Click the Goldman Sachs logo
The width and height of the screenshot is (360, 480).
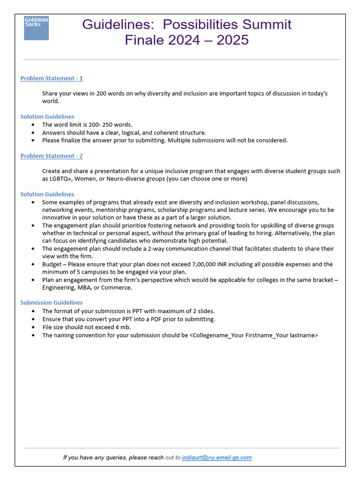point(36,28)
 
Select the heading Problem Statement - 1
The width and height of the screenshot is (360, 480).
point(52,78)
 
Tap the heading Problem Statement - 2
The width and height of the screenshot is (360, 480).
point(52,156)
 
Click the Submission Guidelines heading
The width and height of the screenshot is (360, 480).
point(52,302)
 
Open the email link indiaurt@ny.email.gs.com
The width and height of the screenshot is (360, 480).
point(217,457)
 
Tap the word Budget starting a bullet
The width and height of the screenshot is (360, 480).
point(52,264)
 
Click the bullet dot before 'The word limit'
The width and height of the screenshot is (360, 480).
point(32,125)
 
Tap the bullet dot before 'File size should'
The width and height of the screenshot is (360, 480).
point(32,327)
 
